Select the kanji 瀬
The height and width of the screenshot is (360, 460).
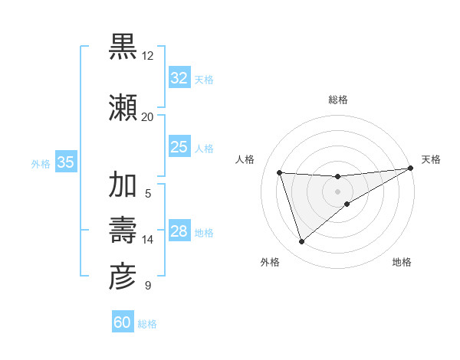[123, 108]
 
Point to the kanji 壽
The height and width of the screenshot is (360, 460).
[123, 231]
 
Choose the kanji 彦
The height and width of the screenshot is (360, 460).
[123, 277]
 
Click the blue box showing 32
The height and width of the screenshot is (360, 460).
[179, 78]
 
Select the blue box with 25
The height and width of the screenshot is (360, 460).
[179, 147]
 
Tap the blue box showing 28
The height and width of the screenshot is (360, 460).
[179, 232]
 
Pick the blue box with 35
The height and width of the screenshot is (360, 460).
[66, 162]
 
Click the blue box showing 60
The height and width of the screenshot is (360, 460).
[123, 322]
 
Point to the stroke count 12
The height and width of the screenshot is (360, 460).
[147, 56]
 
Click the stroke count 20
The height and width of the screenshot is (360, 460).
[147, 117]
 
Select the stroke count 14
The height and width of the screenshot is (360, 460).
[147, 240]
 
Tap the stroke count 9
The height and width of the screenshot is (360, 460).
[147, 286]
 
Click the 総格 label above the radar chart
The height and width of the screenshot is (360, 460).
[338, 100]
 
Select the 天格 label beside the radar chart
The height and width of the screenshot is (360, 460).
[431, 159]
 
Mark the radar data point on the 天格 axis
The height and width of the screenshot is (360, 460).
[411, 168]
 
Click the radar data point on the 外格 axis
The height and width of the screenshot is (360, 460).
[301, 242]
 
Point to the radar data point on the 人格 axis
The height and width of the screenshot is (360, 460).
[280, 172]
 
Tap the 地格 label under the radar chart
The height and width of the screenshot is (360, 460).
[402, 262]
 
